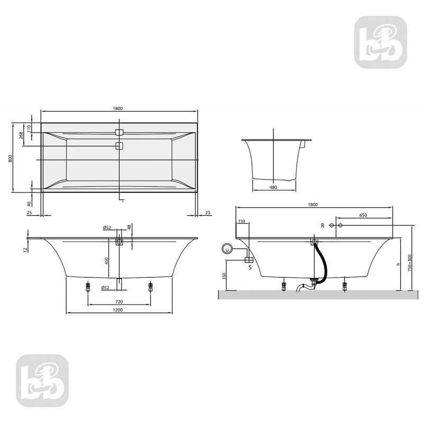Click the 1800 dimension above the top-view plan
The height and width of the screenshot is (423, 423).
pyautogui.click(x=117, y=108)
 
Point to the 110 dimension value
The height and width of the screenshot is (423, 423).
pyautogui.click(x=31, y=127)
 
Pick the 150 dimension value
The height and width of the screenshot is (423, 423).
pyautogui.click(x=242, y=222)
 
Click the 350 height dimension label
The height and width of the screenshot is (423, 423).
pyautogui.click(x=224, y=277)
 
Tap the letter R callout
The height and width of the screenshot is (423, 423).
pyautogui.click(x=322, y=225)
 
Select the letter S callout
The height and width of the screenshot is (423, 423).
pyautogui.click(x=249, y=268)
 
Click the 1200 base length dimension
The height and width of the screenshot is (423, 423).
pyautogui.click(x=118, y=310)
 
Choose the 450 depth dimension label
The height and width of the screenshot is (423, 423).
pyautogui.click(x=106, y=261)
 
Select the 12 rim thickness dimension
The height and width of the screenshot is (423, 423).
pyautogui.click(x=25, y=250)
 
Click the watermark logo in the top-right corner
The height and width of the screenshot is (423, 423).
pyautogui.click(x=381, y=42)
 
